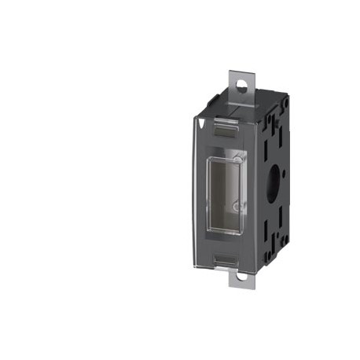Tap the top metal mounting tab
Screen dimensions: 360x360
point(240,83)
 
